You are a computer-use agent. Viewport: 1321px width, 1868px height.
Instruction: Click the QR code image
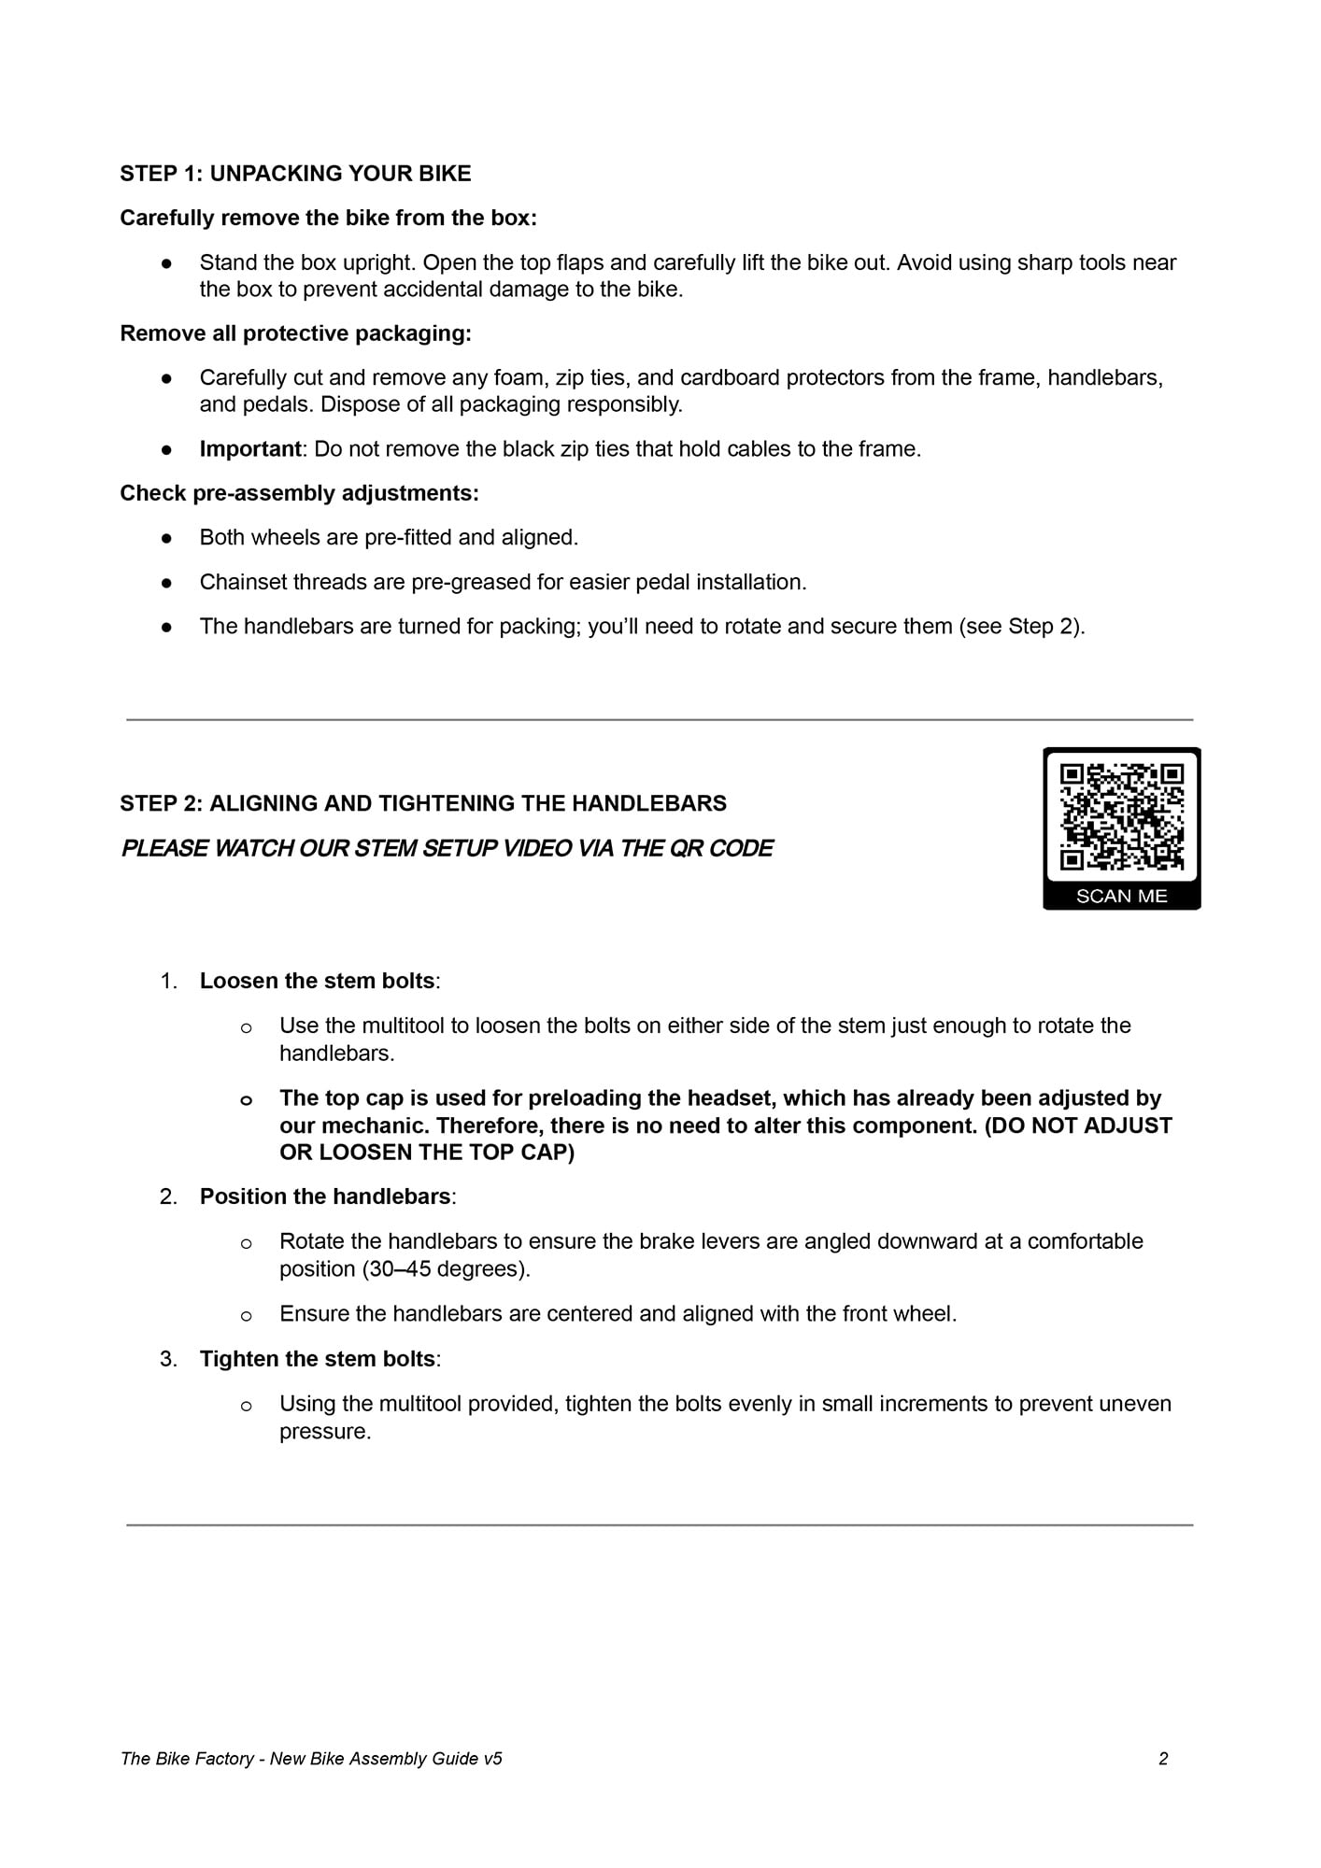(x=1121, y=816)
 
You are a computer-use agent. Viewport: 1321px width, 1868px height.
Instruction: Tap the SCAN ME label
(x=1121, y=896)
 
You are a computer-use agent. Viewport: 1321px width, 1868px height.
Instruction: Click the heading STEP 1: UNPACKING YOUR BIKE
(x=295, y=174)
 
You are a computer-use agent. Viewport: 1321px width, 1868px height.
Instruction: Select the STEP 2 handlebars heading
(x=423, y=803)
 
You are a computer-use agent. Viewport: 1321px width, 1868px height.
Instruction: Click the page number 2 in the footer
(x=1163, y=1759)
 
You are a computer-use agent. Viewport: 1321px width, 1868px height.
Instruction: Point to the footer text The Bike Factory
(x=187, y=1759)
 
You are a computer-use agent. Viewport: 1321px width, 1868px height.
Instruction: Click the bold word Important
(x=250, y=449)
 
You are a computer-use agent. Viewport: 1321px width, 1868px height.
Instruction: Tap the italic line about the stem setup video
(x=447, y=848)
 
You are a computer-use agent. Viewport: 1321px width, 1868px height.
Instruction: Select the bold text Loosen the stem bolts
(x=317, y=981)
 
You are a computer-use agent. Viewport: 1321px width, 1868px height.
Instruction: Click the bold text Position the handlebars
(x=325, y=1196)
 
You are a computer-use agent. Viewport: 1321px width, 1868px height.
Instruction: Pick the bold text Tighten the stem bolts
(x=317, y=1359)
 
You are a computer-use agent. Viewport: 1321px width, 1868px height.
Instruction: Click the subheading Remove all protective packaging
(x=295, y=333)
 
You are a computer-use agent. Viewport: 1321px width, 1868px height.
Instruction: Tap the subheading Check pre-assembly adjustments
(x=299, y=493)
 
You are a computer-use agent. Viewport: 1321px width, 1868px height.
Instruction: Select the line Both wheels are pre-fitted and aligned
(x=389, y=538)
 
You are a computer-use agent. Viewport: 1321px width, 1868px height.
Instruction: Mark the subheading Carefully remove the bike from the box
(x=328, y=218)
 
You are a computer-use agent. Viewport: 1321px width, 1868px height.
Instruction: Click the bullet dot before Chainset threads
(x=167, y=582)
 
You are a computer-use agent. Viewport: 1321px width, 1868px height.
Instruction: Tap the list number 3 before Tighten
(x=168, y=1359)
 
